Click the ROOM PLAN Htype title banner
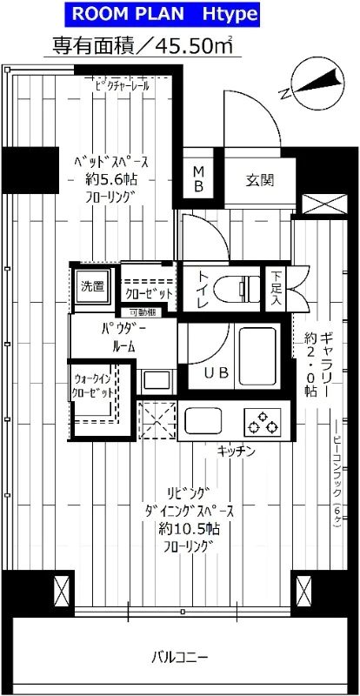coord(179,15)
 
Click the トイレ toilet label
coord(203,287)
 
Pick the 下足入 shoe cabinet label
coord(274,287)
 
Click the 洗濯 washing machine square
coord(92,285)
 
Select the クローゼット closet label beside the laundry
coord(150,293)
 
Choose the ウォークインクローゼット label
coord(93,386)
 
